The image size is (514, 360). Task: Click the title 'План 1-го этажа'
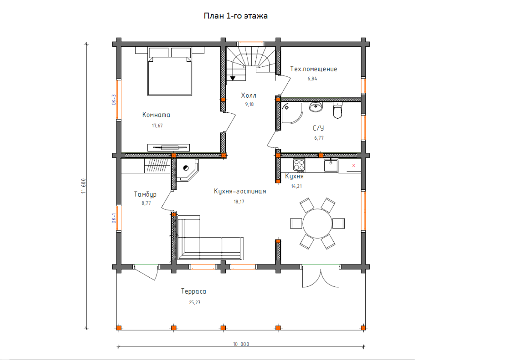point(236,16)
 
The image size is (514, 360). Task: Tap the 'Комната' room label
point(156,115)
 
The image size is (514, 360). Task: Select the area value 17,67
point(157,126)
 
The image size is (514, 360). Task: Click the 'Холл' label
point(248,95)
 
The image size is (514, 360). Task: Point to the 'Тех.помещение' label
point(314,69)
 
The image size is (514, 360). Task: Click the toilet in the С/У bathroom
point(338,111)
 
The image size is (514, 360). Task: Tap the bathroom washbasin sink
point(316,107)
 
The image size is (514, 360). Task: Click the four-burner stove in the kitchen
point(299,165)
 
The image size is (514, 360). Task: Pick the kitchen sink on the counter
point(331,165)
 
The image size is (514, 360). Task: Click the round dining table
point(317,223)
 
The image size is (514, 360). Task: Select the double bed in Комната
point(170,72)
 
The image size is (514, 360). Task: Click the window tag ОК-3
point(114,100)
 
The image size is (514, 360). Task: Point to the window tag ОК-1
point(114,218)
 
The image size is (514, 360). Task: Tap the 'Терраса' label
point(194,291)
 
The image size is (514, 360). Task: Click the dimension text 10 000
point(241,344)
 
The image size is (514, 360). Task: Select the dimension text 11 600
point(84,186)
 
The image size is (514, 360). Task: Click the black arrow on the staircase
point(233,78)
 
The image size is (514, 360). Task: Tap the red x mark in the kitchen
point(354,165)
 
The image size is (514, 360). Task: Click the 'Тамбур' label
point(145,195)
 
